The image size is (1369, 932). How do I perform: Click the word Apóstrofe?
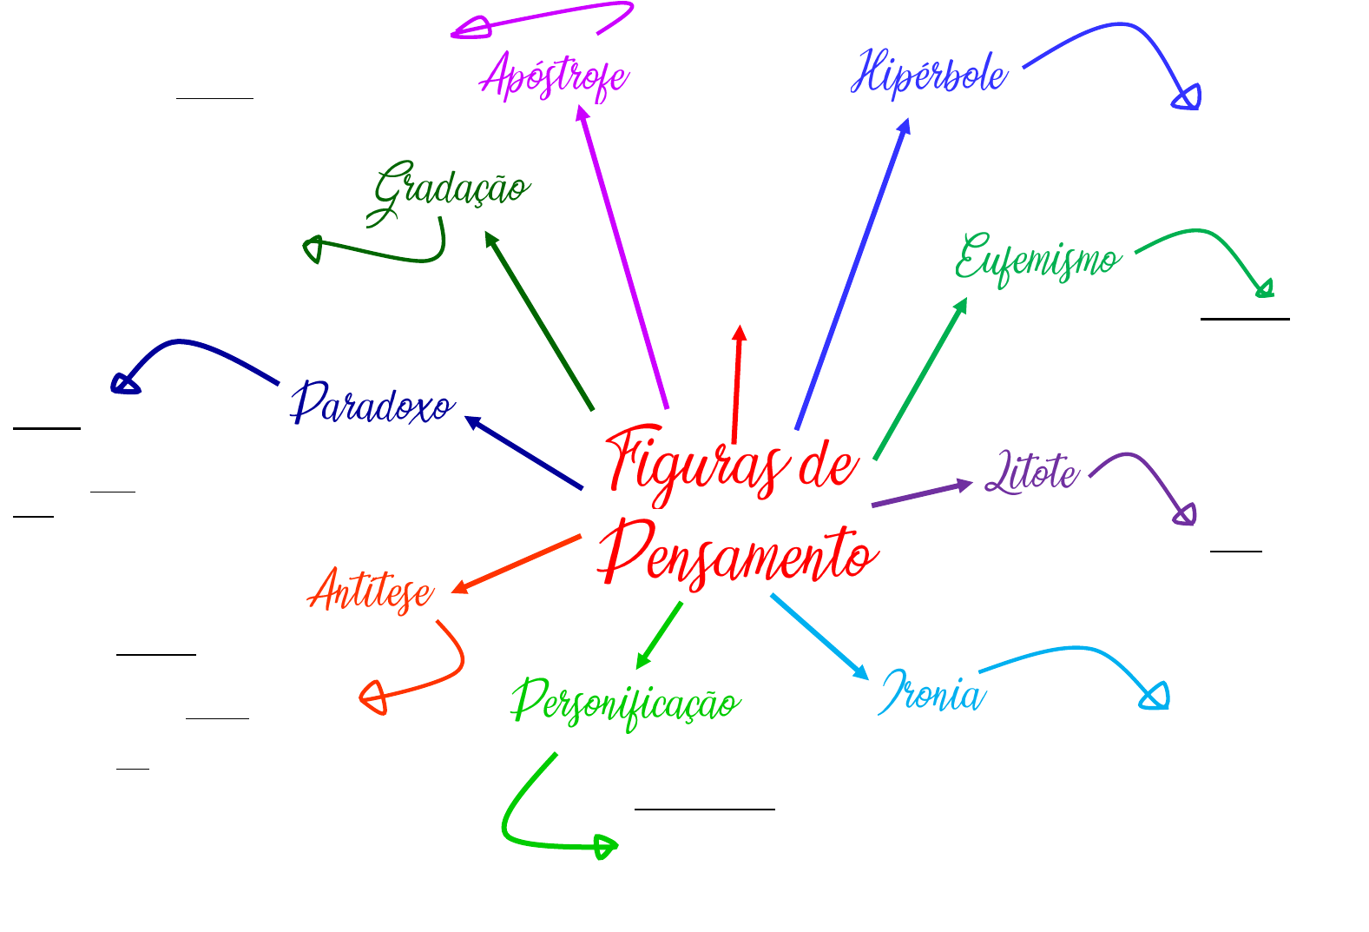pos(555,76)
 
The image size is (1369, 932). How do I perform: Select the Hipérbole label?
pos(929,73)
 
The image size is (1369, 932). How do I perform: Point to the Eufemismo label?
pos(1037,259)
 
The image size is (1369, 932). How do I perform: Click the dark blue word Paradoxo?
pos(372,405)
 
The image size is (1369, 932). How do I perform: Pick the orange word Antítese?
pos(372,592)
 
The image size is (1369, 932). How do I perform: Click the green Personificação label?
pos(625,703)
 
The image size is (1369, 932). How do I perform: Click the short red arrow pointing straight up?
pos(737,382)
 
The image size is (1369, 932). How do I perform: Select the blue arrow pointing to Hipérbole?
pos(852,274)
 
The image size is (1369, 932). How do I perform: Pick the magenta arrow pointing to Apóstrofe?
pos(622,256)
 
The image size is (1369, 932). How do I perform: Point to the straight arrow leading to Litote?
pos(921,493)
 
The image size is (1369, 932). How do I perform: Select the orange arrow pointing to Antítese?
pos(517,565)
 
